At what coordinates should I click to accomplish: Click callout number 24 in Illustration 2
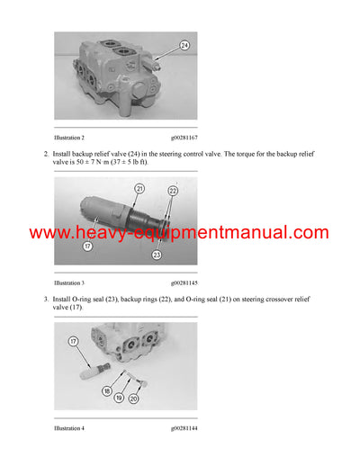coord(184,44)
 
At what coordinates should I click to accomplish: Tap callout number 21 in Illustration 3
coord(139,189)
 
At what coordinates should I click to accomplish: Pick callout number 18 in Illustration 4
coord(107,392)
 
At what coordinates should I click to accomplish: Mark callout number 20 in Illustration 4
coord(134,399)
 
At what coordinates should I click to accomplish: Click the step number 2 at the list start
coord(58,154)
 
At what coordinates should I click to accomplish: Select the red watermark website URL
coord(179,234)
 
